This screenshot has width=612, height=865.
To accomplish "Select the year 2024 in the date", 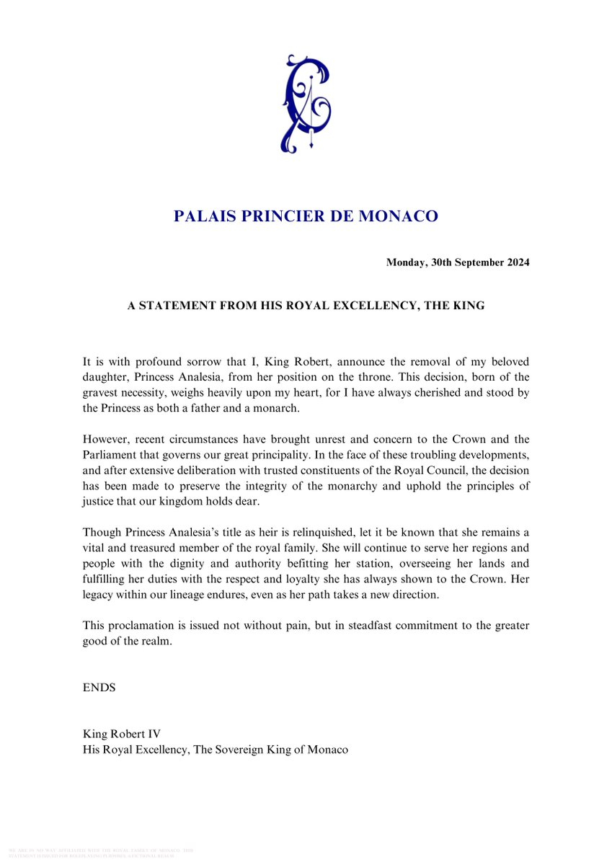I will (x=516, y=263).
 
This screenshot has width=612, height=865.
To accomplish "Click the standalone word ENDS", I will (x=99, y=688).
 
